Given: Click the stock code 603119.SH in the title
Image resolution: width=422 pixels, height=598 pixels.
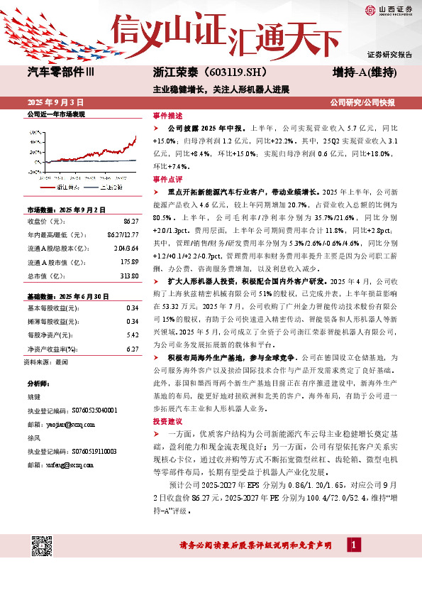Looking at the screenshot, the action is [x=236, y=72].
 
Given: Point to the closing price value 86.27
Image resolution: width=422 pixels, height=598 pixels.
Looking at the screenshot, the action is [x=130, y=222].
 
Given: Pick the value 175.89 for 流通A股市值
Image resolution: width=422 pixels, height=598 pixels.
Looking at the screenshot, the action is [x=128, y=263].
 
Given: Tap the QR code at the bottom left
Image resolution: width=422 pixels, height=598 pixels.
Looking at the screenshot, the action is [x=43, y=544].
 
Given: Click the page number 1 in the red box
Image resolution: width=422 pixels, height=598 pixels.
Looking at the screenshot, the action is [x=353, y=545].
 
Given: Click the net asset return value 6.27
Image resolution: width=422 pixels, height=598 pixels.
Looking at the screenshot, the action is [x=131, y=349].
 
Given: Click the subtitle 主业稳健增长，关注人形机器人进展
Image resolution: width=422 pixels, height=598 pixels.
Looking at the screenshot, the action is [x=221, y=89].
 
